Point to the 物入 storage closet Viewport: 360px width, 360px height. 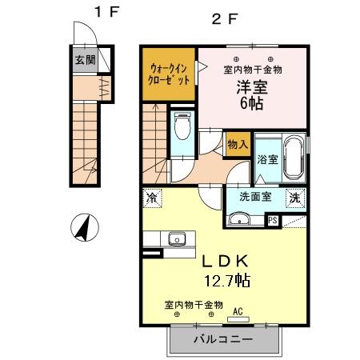click(x=238, y=144)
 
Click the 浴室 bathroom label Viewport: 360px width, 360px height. click(x=268, y=159)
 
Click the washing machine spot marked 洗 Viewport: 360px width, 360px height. click(x=295, y=197)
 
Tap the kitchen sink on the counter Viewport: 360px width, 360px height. click(x=176, y=238)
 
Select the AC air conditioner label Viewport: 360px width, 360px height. click(x=238, y=312)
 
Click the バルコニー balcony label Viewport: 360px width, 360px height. click(x=224, y=339)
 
